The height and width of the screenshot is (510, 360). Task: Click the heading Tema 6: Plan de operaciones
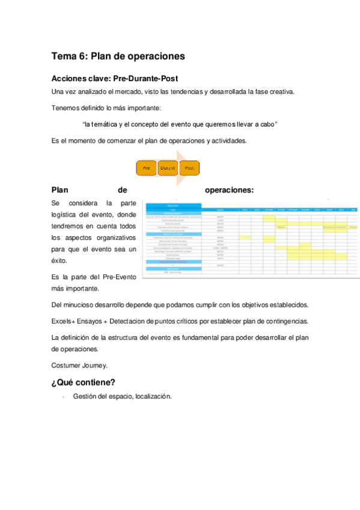tap(118, 57)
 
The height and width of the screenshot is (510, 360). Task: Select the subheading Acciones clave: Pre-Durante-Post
tap(114, 79)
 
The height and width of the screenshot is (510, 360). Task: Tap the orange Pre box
tap(146, 168)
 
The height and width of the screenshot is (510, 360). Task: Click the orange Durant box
tap(168, 168)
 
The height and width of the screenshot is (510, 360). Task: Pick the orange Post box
tap(189, 168)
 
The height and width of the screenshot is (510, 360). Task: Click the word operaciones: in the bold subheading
tap(229, 190)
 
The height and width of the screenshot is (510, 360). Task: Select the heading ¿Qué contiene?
tap(84, 382)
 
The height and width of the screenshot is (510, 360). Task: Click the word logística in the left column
tap(67, 215)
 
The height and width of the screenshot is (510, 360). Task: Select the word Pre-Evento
tap(119, 277)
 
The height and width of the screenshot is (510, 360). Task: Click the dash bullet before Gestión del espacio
tap(63, 396)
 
